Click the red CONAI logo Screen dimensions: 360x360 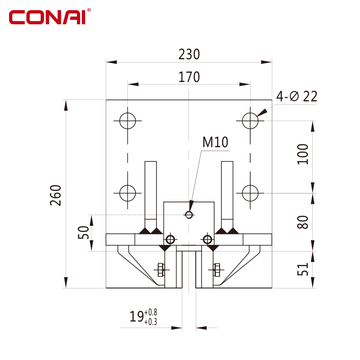(49, 17)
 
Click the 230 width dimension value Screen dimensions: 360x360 (189, 54)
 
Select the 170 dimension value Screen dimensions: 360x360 (189, 77)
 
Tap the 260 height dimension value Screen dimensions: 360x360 (56, 195)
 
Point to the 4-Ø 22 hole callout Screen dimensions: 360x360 (297, 96)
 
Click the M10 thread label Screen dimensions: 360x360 (215, 142)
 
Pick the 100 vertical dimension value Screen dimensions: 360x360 (302, 154)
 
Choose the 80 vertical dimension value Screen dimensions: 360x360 (302, 222)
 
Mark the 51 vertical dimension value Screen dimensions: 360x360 (302, 269)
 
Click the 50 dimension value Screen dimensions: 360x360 (83, 232)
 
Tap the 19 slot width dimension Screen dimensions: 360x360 (137, 316)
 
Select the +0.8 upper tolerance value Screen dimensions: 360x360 (151, 312)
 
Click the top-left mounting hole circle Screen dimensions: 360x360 (128, 121)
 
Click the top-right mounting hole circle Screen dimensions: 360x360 (250, 121)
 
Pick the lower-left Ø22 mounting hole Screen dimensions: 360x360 (128, 193)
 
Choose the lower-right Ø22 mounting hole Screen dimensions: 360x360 (250, 193)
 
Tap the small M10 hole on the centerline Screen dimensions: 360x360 (189, 215)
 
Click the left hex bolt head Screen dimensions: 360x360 (161, 270)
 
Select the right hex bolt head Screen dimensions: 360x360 (216, 270)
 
